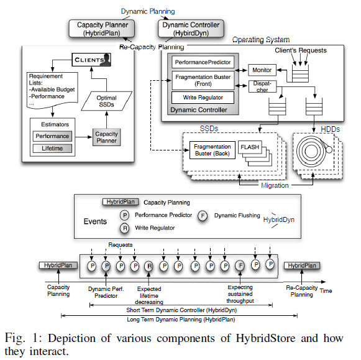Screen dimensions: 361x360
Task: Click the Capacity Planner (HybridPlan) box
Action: point(102,29)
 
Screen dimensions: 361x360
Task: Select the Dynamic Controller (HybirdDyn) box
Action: point(191,29)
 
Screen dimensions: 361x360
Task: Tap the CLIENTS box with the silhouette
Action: point(91,60)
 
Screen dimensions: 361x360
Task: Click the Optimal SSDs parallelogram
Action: point(107,101)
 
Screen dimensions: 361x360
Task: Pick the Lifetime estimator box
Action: point(52,149)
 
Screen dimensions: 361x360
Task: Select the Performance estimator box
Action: point(52,136)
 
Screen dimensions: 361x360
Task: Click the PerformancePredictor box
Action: point(203,62)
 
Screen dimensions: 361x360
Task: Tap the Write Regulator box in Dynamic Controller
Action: point(203,98)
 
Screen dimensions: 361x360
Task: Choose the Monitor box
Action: point(262,70)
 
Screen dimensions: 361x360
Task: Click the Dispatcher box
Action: point(262,86)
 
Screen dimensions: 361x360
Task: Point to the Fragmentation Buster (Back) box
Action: point(212,150)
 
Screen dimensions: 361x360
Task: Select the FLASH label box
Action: point(250,147)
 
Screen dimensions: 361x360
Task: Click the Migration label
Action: point(275,185)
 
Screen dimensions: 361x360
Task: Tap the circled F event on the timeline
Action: point(240,265)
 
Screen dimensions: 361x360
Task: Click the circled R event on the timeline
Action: point(149,266)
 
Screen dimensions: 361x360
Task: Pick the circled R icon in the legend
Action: point(124,228)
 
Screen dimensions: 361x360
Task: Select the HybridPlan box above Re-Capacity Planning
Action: point(302,265)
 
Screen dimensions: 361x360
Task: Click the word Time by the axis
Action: point(326,290)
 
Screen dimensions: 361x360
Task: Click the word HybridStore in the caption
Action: point(265,338)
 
